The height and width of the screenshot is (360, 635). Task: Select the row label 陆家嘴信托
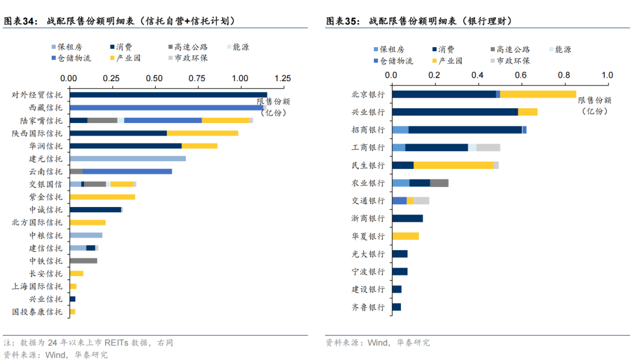coord(45,121)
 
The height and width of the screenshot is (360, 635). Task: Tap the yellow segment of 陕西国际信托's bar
coord(202,133)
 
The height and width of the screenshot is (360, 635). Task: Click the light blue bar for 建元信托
coord(128,159)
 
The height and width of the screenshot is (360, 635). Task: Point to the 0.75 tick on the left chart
coord(198,78)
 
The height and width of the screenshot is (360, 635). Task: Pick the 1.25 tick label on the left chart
coord(282,78)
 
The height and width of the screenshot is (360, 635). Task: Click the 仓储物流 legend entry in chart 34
coord(73,58)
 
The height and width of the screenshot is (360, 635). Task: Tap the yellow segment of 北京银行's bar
coord(538,94)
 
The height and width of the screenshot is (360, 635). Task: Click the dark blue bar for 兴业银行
coord(454,112)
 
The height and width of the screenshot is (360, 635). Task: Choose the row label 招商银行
coord(368,130)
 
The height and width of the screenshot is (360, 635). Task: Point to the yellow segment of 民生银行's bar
coord(453,165)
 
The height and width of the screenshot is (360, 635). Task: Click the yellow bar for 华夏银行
coord(405,236)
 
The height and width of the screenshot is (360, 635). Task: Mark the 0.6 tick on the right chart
coord(521,75)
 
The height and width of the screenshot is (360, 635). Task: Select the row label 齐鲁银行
coord(368,307)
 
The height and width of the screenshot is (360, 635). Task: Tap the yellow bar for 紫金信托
coord(102,197)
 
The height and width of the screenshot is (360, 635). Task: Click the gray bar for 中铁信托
coord(83,261)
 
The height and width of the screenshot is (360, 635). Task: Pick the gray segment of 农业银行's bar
coord(439,183)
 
